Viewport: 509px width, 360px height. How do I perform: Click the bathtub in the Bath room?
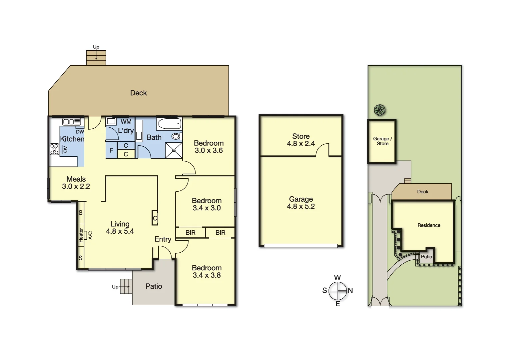(x=170, y=124)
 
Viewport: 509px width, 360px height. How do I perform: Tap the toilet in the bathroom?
(x=176, y=136)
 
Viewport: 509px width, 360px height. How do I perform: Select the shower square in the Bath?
(x=174, y=150)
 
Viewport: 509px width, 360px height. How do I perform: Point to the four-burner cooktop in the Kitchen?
(x=54, y=149)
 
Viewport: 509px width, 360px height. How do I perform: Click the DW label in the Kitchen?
(x=80, y=132)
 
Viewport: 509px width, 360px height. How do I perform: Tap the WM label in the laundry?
(x=126, y=122)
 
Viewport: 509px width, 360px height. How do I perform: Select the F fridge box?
(x=111, y=151)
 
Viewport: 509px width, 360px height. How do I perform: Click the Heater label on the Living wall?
(x=81, y=235)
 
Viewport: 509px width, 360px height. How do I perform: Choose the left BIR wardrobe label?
(x=190, y=233)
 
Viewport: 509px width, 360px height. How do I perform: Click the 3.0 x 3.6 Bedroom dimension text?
(x=209, y=151)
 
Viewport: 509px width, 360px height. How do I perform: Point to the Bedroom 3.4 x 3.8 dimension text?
(x=207, y=275)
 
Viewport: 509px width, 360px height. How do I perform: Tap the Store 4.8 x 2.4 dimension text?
(x=301, y=144)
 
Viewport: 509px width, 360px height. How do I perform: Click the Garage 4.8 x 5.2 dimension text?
(x=301, y=207)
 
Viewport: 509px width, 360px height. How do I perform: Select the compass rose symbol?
(x=338, y=291)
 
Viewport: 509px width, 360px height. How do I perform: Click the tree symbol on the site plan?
(x=379, y=110)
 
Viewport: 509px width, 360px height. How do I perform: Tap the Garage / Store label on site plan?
(x=382, y=141)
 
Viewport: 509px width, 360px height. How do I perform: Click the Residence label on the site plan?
(x=429, y=225)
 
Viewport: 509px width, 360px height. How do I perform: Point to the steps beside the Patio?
(x=126, y=286)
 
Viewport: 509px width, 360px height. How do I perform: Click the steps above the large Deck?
(x=96, y=58)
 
